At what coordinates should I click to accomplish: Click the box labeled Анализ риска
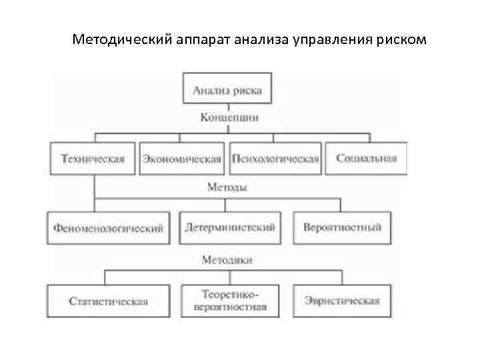[x=227, y=89]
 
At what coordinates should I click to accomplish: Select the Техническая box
[x=93, y=159]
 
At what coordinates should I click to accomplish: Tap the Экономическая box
[x=181, y=159]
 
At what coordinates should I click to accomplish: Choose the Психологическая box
[x=275, y=159]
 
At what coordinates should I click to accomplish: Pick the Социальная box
[x=366, y=159]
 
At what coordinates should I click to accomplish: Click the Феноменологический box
[x=107, y=227]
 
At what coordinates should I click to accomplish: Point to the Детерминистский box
[x=229, y=227]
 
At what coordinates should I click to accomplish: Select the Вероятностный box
[x=342, y=227]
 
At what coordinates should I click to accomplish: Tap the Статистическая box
[x=108, y=301]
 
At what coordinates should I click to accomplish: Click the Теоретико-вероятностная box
[x=229, y=301]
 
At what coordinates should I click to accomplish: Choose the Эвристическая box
[x=342, y=301]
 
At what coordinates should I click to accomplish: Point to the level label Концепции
[x=229, y=117]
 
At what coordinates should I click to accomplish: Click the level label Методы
[x=227, y=187]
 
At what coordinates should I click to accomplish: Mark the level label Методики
[x=227, y=259]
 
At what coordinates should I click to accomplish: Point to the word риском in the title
[x=398, y=41]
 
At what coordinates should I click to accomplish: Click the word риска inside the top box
[x=247, y=89]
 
